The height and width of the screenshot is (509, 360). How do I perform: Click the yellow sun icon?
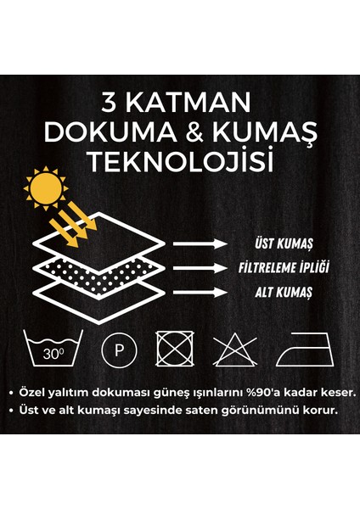point(43,187)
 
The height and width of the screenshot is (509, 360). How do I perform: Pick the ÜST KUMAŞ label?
point(283,243)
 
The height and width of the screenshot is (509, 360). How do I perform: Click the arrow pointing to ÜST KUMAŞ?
point(200,243)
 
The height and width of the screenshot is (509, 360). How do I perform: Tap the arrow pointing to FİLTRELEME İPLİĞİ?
point(200,268)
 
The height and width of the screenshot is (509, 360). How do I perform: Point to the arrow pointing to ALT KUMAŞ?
point(200,292)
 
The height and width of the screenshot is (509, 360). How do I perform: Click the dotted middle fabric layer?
point(98,271)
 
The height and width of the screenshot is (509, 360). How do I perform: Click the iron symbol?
point(297,348)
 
